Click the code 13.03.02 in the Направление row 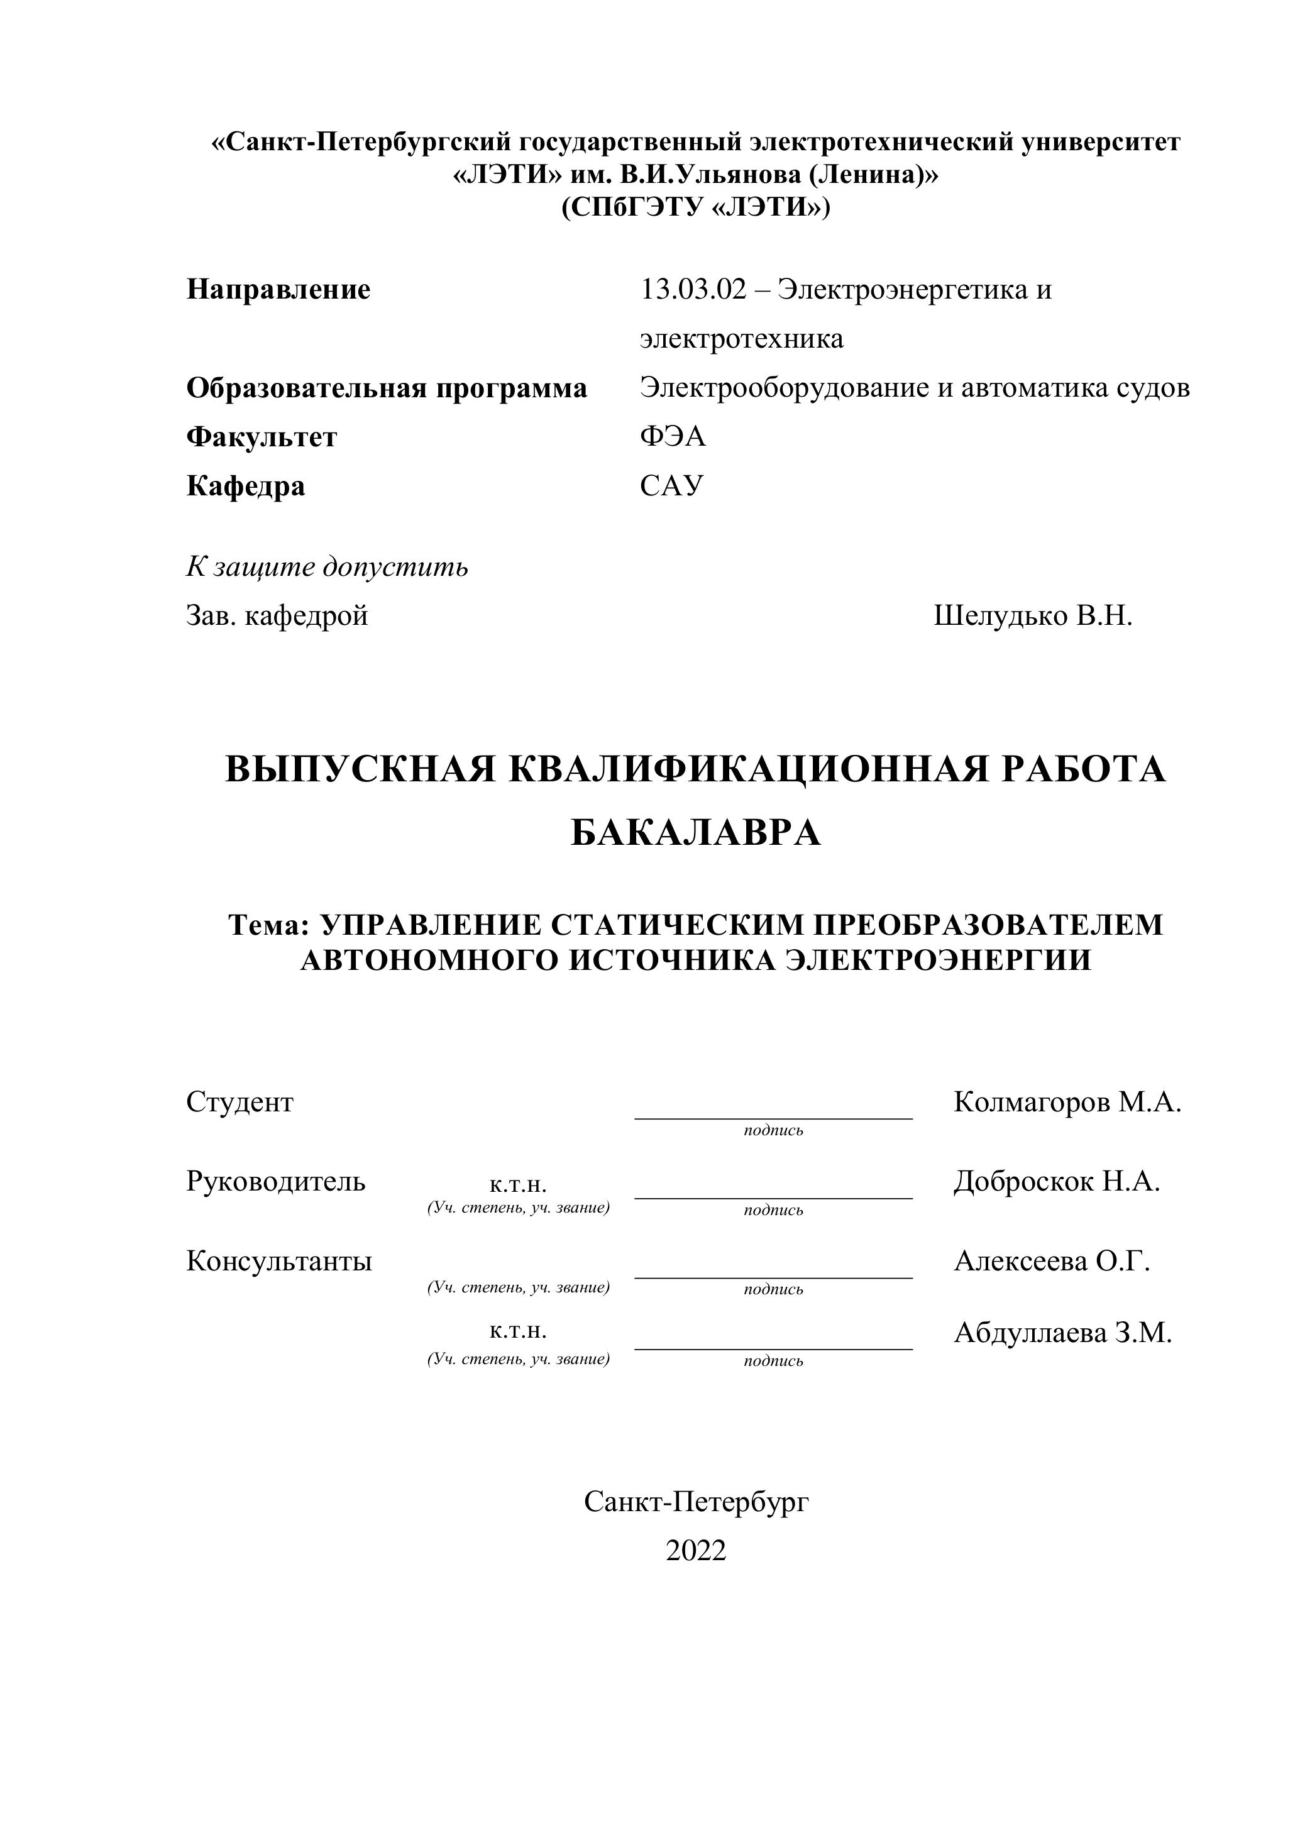pos(692,290)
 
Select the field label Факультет pos(262,437)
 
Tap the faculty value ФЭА pos(673,437)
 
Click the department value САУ pos(671,486)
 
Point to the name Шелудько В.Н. pos(1033,617)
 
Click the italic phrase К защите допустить pos(327,568)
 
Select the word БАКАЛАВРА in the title pos(696,834)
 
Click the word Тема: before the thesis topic pos(269,925)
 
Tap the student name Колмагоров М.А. pos(1067,1103)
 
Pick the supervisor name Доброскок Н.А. pos(1057,1182)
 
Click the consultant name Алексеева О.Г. pos(1052,1261)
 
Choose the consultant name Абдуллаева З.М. pos(1062,1333)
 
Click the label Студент pos(240,1103)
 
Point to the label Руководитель pos(275,1182)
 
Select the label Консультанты pos(278,1261)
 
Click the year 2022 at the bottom pos(696,1551)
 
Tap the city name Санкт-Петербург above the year pos(696,1502)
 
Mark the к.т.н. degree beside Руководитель pos(518,1186)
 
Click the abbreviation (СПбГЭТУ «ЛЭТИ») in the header pos(696,207)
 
